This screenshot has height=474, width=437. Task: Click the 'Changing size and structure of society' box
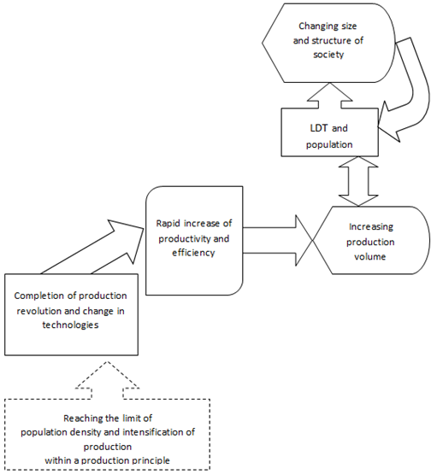(x=328, y=43)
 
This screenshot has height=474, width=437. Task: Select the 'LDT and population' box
(x=329, y=132)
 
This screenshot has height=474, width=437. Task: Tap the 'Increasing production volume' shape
(x=371, y=240)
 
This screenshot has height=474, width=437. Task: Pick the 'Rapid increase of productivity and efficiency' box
(x=194, y=241)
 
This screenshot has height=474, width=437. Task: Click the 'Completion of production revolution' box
(x=72, y=314)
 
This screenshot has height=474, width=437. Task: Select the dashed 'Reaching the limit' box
(x=108, y=435)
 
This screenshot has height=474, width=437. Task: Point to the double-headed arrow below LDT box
(x=358, y=181)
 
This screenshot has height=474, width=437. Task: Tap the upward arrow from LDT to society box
(x=330, y=96)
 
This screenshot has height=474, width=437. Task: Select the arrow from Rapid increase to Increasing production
(x=278, y=240)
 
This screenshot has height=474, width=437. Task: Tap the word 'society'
(x=328, y=55)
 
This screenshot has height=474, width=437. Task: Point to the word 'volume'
(x=369, y=257)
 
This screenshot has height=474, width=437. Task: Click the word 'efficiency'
(x=193, y=253)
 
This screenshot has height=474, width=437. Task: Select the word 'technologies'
(x=70, y=325)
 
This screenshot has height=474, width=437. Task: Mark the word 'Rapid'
(x=168, y=224)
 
